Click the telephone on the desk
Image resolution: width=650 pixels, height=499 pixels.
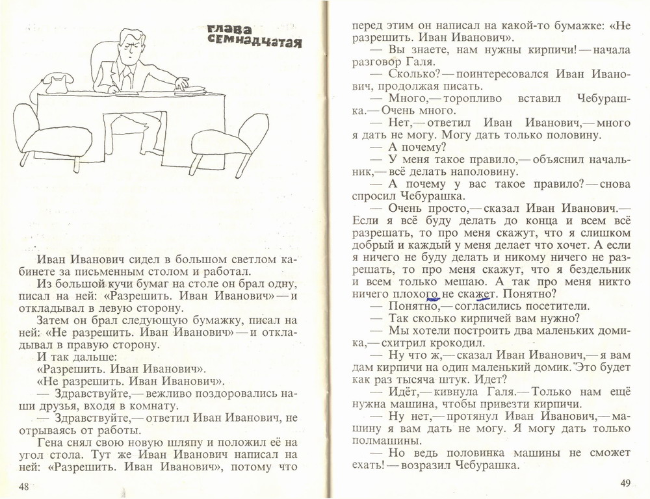pyautogui.click(x=58, y=83)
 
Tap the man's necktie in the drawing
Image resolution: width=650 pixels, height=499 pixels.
pyautogui.click(x=129, y=77)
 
